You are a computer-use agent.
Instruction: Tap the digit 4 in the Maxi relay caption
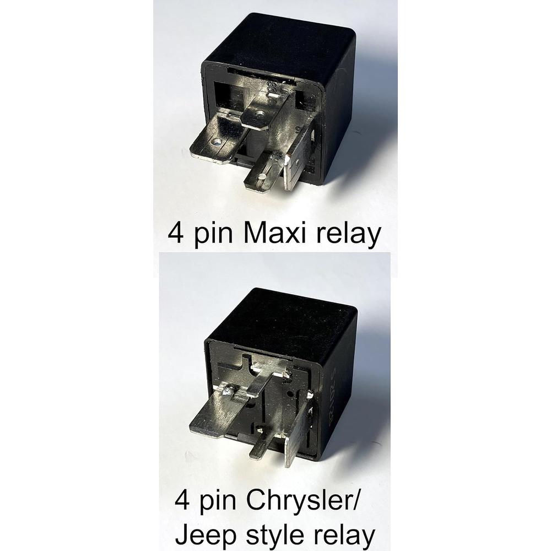pyautogui.click(x=176, y=234)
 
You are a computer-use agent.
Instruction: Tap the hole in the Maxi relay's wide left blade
pyautogui.click(x=217, y=142)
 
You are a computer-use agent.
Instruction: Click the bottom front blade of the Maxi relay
pyautogui.click(x=263, y=174)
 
